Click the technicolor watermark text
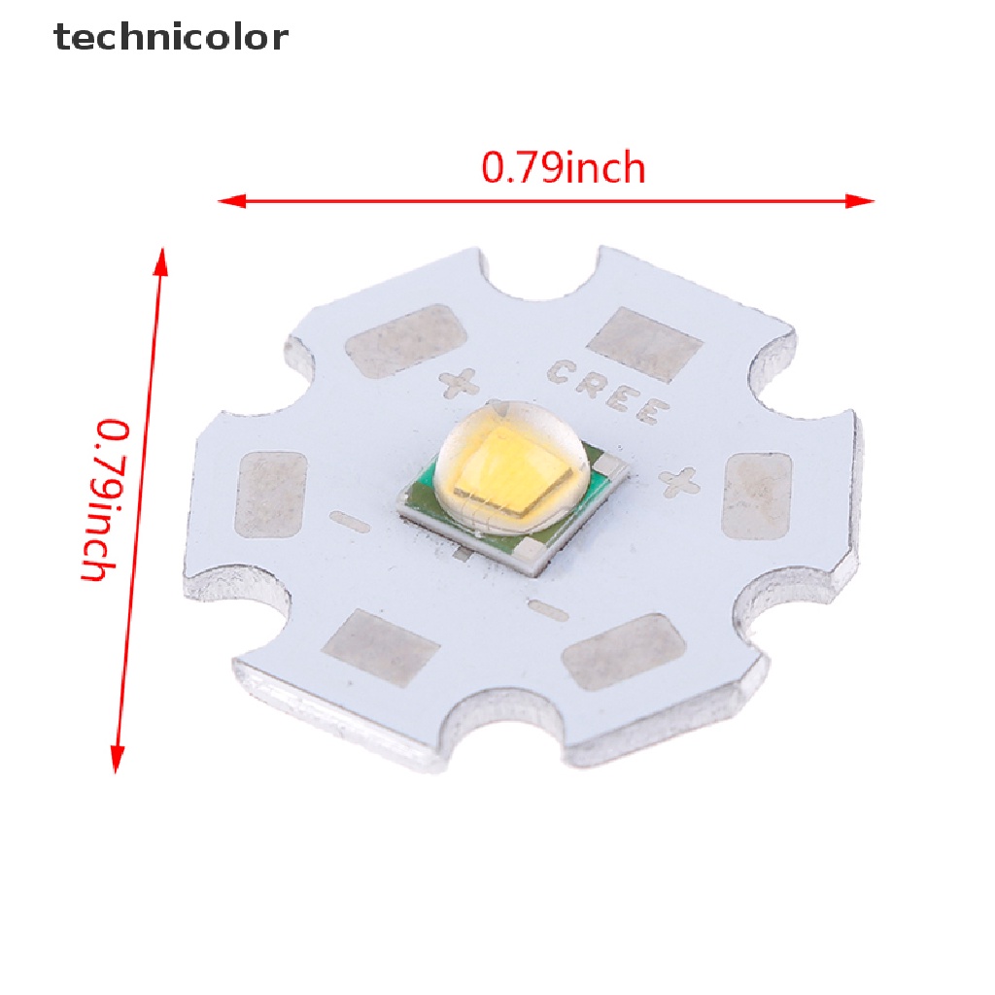click(x=171, y=37)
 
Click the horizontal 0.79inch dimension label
click(x=564, y=168)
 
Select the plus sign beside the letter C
click(x=458, y=383)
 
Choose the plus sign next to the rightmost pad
click(x=679, y=480)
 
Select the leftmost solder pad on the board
click(x=271, y=494)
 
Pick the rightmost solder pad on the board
click(x=759, y=496)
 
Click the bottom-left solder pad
click(x=380, y=645)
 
